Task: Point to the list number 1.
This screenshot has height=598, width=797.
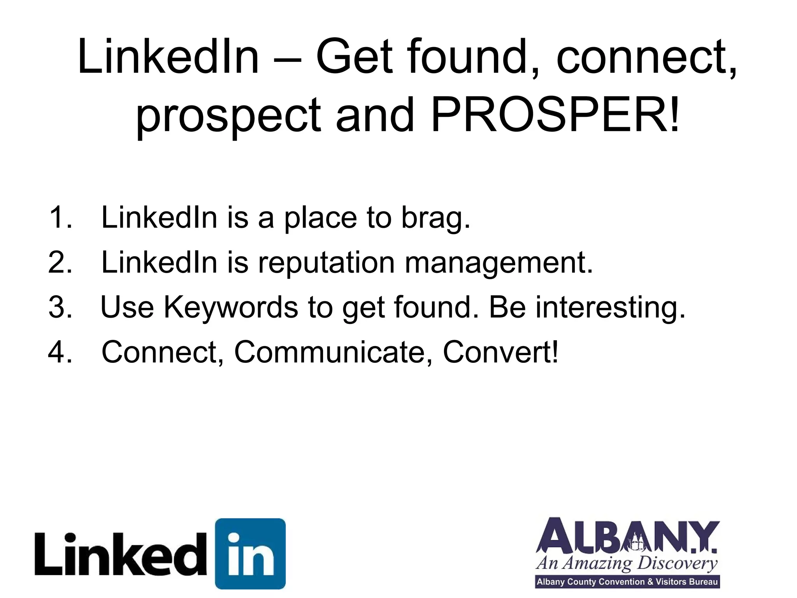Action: pos(60,217)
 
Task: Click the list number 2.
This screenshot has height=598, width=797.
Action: pos(60,262)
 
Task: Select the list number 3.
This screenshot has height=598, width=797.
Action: pos(60,307)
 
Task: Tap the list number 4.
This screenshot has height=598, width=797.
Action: pos(60,352)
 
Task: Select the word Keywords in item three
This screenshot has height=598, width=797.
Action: pos(231,307)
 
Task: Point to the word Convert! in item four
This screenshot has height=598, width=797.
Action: pos(500,352)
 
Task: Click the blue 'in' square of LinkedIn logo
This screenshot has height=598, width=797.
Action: pos(250,554)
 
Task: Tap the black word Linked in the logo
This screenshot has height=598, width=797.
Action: pos(121,554)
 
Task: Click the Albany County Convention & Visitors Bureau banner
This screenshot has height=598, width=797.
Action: pos(627,582)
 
